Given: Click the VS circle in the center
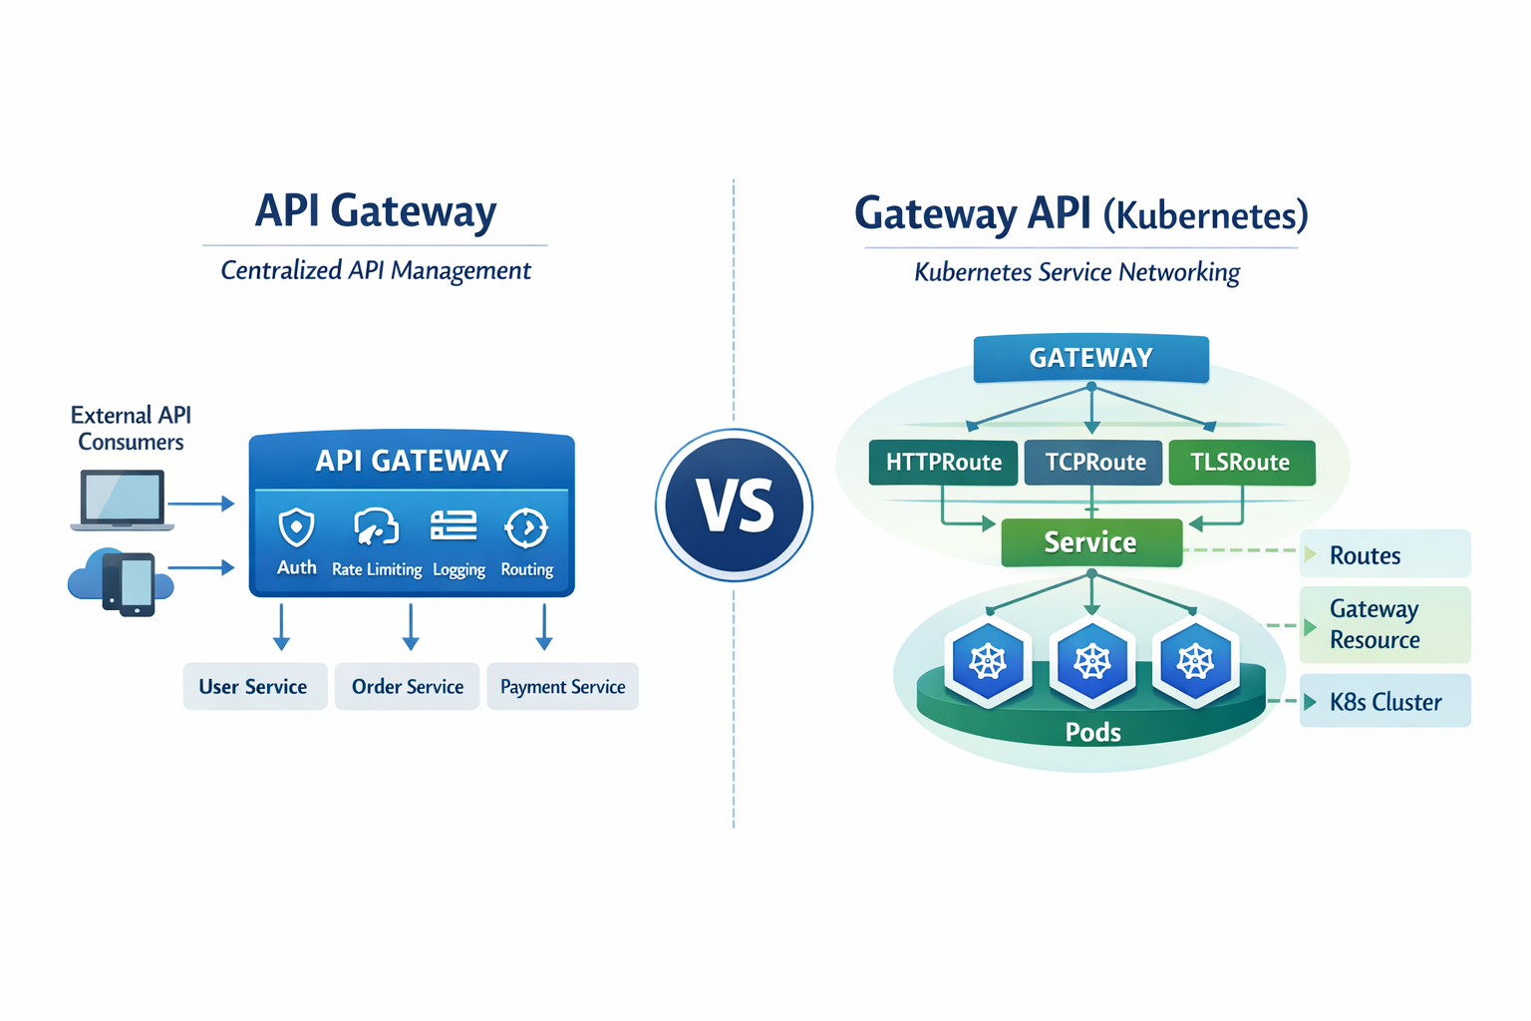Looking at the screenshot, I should click(x=735, y=505).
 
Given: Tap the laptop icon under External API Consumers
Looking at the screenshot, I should click(x=122, y=501).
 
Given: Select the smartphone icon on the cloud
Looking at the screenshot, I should click(x=131, y=584).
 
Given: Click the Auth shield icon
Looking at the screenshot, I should click(x=296, y=528).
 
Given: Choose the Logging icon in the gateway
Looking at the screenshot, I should click(x=454, y=525).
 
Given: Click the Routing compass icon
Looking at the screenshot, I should click(x=526, y=527).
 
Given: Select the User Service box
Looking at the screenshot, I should click(x=254, y=687).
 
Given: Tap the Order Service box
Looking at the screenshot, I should click(x=407, y=687).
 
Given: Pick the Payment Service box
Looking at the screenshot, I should click(x=562, y=687).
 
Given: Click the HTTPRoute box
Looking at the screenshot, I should click(x=943, y=463).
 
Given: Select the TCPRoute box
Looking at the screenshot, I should click(x=1094, y=463).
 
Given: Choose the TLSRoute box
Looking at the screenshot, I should click(x=1241, y=463).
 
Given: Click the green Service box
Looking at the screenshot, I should click(x=1090, y=542).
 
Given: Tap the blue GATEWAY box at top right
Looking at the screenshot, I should click(x=1090, y=358).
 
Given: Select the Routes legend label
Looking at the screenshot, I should click(x=1366, y=555).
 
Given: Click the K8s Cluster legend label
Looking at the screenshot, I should click(x=1385, y=702).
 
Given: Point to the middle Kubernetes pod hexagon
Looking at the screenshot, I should click(x=1092, y=661).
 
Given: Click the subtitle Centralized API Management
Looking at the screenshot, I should click(x=375, y=270).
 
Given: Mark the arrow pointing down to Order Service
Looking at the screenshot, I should click(x=411, y=627).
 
